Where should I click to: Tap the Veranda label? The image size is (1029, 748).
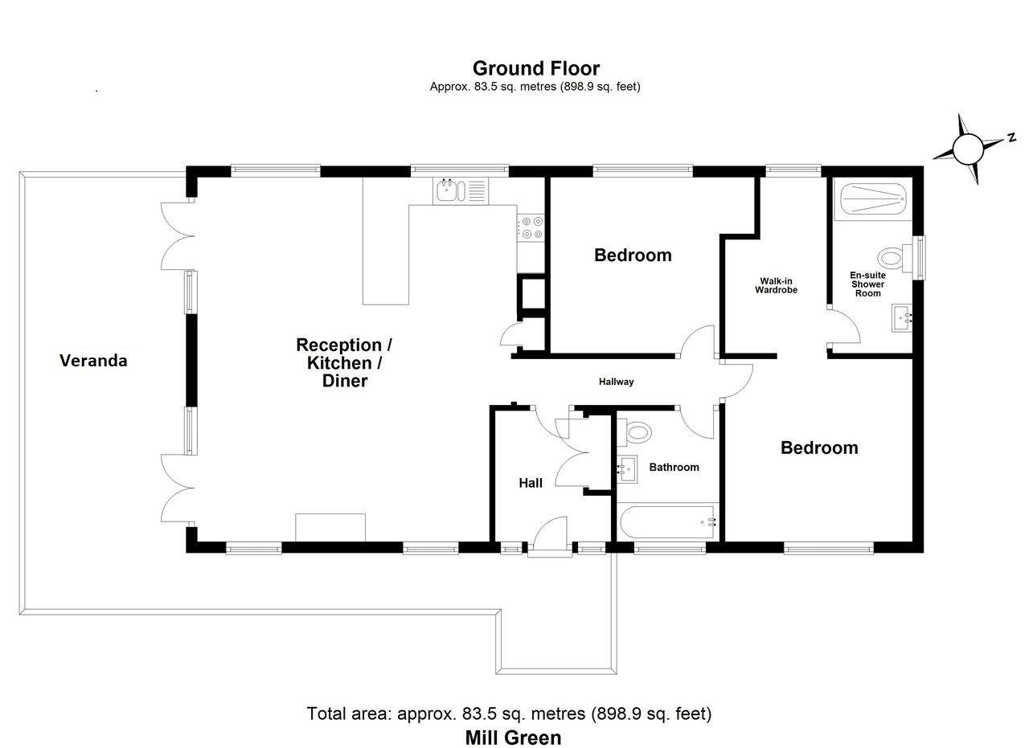pyautogui.click(x=93, y=361)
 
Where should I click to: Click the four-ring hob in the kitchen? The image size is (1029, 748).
pyautogui.click(x=531, y=227)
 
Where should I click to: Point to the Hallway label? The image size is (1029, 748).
pyautogui.click(x=616, y=382)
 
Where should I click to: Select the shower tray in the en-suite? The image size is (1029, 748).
pyautogui.click(x=871, y=196)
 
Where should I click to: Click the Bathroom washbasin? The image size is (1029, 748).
pyautogui.click(x=627, y=469)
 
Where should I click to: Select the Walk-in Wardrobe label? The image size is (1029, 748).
pyautogui.click(x=776, y=285)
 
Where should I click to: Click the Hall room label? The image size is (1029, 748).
pyautogui.click(x=531, y=483)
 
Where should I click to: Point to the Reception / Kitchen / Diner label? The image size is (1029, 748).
pyautogui.click(x=344, y=363)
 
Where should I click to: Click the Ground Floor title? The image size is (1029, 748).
pyautogui.click(x=535, y=68)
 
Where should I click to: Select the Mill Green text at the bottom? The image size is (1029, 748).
pyautogui.click(x=513, y=738)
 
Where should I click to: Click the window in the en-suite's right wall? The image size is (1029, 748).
pyautogui.click(x=920, y=257)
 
